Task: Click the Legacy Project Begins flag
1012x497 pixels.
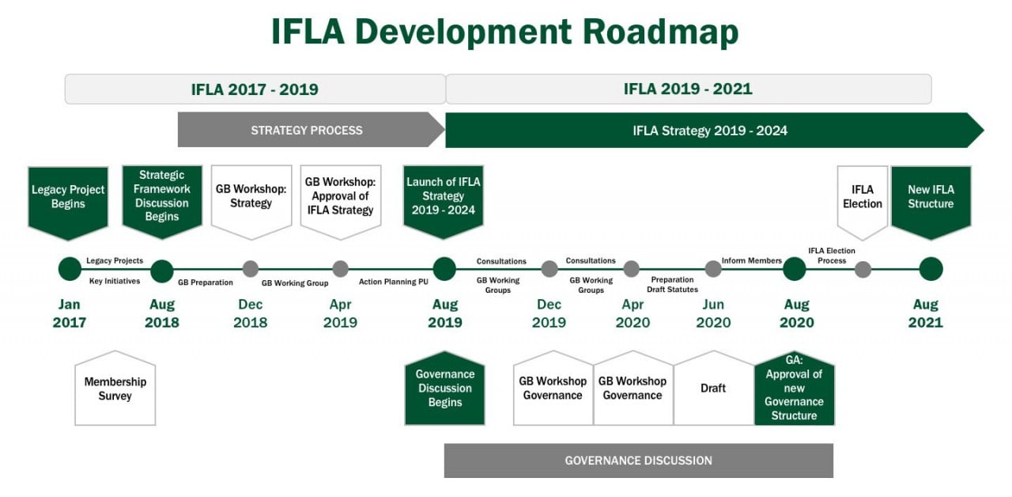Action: [68, 202]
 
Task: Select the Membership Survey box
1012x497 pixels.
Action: [115, 388]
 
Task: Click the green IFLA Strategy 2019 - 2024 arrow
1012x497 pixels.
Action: [714, 131]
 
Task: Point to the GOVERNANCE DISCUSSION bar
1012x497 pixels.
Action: [638, 461]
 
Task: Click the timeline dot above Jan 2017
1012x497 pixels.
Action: [70, 269]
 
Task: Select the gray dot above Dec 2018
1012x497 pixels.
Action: [251, 269]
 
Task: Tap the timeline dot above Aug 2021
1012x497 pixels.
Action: [931, 269]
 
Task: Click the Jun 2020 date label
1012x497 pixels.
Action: [713, 313]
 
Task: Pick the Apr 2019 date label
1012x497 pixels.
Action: [340, 313]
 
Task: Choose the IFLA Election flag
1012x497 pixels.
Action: [863, 202]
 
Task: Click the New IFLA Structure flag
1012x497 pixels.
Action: [931, 202]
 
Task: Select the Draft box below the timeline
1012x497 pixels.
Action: [713, 388]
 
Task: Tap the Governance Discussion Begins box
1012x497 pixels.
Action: [445, 388]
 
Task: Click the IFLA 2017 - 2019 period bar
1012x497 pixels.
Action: [255, 89]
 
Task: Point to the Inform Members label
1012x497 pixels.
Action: [751, 261]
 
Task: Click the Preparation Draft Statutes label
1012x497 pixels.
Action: [672, 284]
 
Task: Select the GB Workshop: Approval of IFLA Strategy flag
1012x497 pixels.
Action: [341, 202]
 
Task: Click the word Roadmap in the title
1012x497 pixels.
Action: [660, 32]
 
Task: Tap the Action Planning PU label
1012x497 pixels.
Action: [394, 282]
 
